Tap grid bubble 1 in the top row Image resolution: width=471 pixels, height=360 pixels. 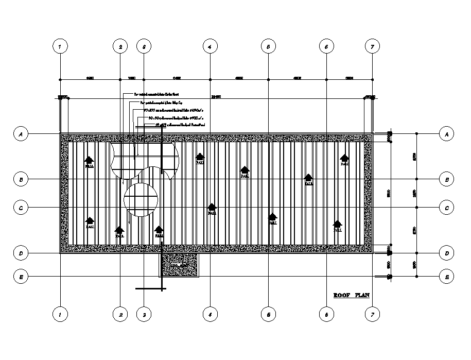point(60,46)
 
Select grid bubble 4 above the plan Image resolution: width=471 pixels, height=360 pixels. point(210,46)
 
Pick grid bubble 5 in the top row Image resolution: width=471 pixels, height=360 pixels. point(268,46)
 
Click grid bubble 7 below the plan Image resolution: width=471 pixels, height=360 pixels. point(372,314)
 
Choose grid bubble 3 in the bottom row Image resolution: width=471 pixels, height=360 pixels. point(144,314)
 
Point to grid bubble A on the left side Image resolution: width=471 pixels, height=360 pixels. point(21,134)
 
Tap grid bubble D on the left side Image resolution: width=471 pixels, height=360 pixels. point(21,253)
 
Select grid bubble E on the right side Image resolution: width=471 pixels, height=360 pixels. point(446,277)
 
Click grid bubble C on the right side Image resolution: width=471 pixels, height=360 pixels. point(446,208)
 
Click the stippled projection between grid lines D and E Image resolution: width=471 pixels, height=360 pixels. point(179,265)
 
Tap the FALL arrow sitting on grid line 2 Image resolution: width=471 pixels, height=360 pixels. point(120,232)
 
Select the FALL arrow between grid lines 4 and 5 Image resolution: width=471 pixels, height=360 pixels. point(245,172)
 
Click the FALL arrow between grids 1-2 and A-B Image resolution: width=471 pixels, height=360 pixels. point(90,162)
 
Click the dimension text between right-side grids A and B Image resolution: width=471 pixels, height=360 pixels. point(414,156)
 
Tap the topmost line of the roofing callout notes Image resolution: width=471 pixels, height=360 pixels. point(156,95)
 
